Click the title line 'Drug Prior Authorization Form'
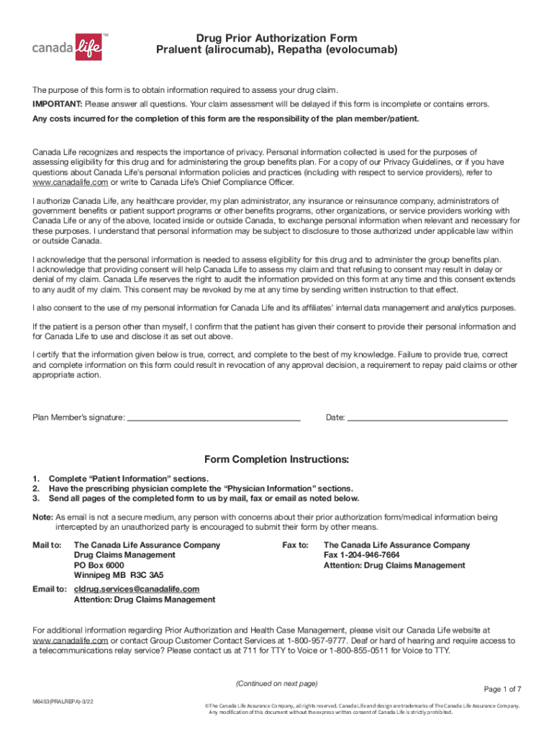pos(277,38)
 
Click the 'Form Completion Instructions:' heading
pos(277,459)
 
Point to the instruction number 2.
pos(35,489)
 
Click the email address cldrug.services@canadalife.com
pos(137,589)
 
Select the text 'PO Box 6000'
pos(99,565)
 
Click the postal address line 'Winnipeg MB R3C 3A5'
pos(119,575)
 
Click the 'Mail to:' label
pos(47,545)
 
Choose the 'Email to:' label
pos(50,589)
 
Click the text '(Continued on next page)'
pos(277,683)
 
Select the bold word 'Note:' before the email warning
pos(42,517)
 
